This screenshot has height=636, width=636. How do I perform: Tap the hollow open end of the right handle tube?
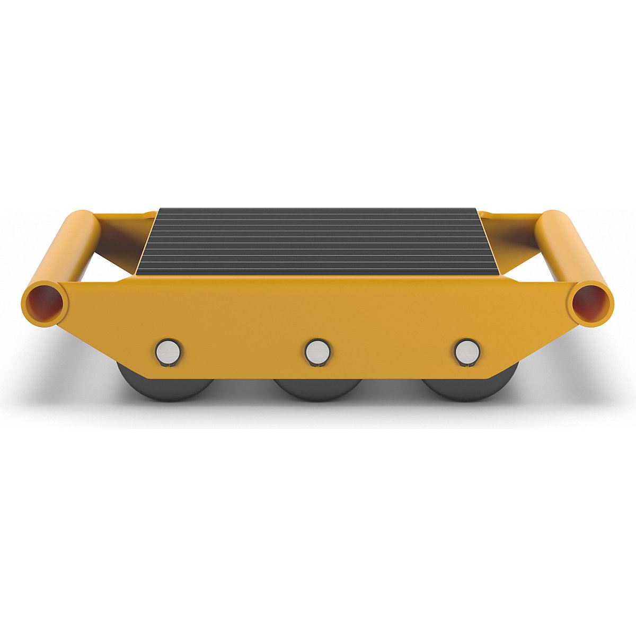coord(590,303)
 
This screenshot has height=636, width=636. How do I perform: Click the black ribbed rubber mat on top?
coord(318,241)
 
